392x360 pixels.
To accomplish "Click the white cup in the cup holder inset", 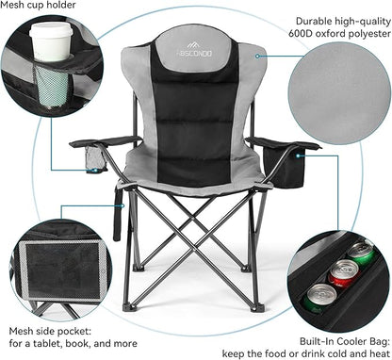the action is point(51,41).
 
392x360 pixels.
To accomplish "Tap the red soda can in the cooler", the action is point(343,272).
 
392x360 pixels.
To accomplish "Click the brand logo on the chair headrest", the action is point(194,50).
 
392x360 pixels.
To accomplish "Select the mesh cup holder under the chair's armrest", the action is point(95,158).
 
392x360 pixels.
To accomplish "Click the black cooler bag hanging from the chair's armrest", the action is point(286,168).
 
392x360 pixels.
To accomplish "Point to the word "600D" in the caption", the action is point(301,34).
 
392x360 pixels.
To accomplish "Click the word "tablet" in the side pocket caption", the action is point(48,343).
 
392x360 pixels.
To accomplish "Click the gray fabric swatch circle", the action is point(339,93).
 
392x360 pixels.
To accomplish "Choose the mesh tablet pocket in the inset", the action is point(64,270).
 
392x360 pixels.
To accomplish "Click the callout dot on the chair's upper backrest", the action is point(257,57).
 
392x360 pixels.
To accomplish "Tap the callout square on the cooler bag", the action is point(299,155).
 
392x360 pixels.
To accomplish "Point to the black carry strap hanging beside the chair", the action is point(118,214).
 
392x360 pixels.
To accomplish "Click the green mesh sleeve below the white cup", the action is point(53,85).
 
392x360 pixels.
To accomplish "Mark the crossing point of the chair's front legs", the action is point(194,247).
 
